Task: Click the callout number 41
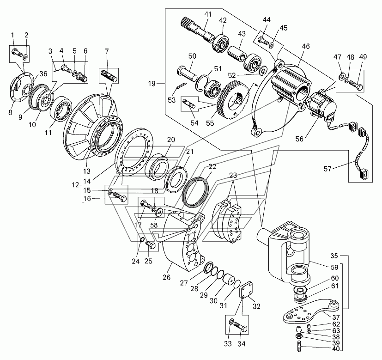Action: click(208, 14)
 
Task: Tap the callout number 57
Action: click(327, 168)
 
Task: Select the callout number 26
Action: click(167, 277)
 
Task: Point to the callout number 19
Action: click(152, 84)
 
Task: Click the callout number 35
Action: click(334, 256)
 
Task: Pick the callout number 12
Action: click(76, 185)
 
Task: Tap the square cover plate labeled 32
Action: click(246, 290)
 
